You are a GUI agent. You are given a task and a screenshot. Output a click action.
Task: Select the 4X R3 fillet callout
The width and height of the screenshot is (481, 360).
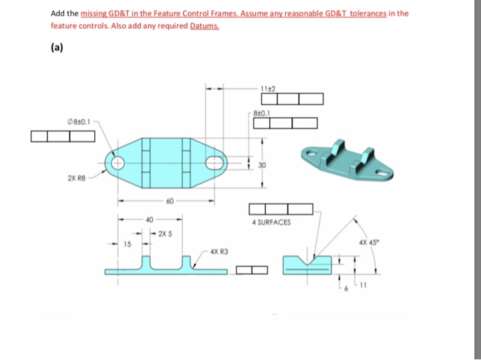[218, 251]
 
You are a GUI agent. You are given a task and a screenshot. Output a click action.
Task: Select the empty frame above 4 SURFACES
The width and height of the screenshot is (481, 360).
[280, 209]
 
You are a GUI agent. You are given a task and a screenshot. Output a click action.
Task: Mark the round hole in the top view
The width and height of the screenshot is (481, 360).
[117, 164]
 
